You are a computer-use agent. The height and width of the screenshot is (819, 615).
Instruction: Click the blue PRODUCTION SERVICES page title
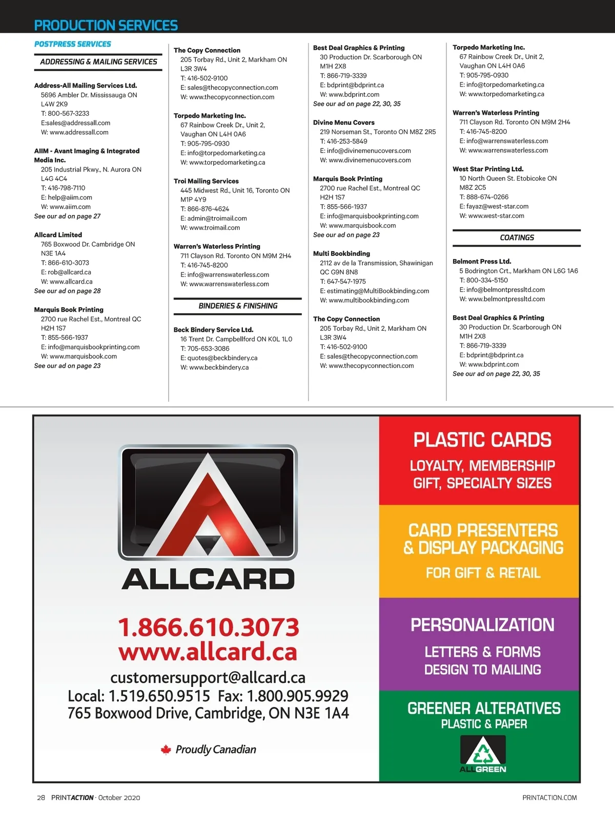click(106, 25)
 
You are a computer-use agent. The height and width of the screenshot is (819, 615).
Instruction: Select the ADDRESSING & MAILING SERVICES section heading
click(98, 62)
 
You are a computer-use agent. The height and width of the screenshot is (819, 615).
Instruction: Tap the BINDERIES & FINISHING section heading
click(238, 306)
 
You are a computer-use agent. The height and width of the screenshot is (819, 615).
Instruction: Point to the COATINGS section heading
click(517, 238)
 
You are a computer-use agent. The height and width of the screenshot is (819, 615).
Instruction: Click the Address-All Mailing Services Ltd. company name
click(86, 85)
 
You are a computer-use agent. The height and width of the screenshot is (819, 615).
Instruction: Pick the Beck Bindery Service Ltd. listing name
click(213, 330)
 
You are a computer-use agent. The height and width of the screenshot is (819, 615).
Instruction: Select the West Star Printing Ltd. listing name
click(488, 169)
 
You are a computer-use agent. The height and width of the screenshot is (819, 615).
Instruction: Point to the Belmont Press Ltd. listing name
click(482, 262)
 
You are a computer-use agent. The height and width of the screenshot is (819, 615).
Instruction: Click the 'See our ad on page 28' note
click(67, 291)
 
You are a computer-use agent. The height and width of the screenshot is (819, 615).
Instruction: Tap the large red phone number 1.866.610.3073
click(209, 627)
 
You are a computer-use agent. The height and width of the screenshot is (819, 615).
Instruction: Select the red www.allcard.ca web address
click(208, 652)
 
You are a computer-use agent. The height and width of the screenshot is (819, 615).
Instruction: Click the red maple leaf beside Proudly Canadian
click(166, 750)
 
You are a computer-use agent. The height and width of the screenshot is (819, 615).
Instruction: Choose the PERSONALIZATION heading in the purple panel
click(482, 625)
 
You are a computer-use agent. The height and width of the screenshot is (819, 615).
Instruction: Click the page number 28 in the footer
click(41, 798)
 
